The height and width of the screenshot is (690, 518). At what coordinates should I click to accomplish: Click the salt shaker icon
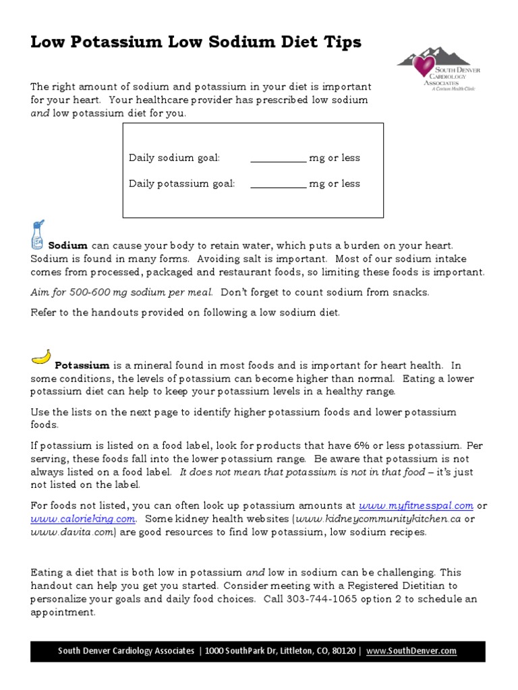[38, 235]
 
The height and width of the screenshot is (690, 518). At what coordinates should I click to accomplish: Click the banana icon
[41, 356]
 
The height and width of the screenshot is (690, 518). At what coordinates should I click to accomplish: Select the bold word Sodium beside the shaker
[68, 247]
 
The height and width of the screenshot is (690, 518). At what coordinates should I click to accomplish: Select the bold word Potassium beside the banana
[82, 366]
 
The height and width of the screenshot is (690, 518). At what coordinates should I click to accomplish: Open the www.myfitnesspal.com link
[416, 505]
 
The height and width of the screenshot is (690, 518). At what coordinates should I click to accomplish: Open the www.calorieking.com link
[83, 519]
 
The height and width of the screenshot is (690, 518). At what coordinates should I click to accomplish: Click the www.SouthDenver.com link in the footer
[411, 651]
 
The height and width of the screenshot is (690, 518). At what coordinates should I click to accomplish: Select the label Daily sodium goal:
[175, 158]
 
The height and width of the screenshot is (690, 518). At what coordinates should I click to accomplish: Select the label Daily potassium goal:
[182, 184]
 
